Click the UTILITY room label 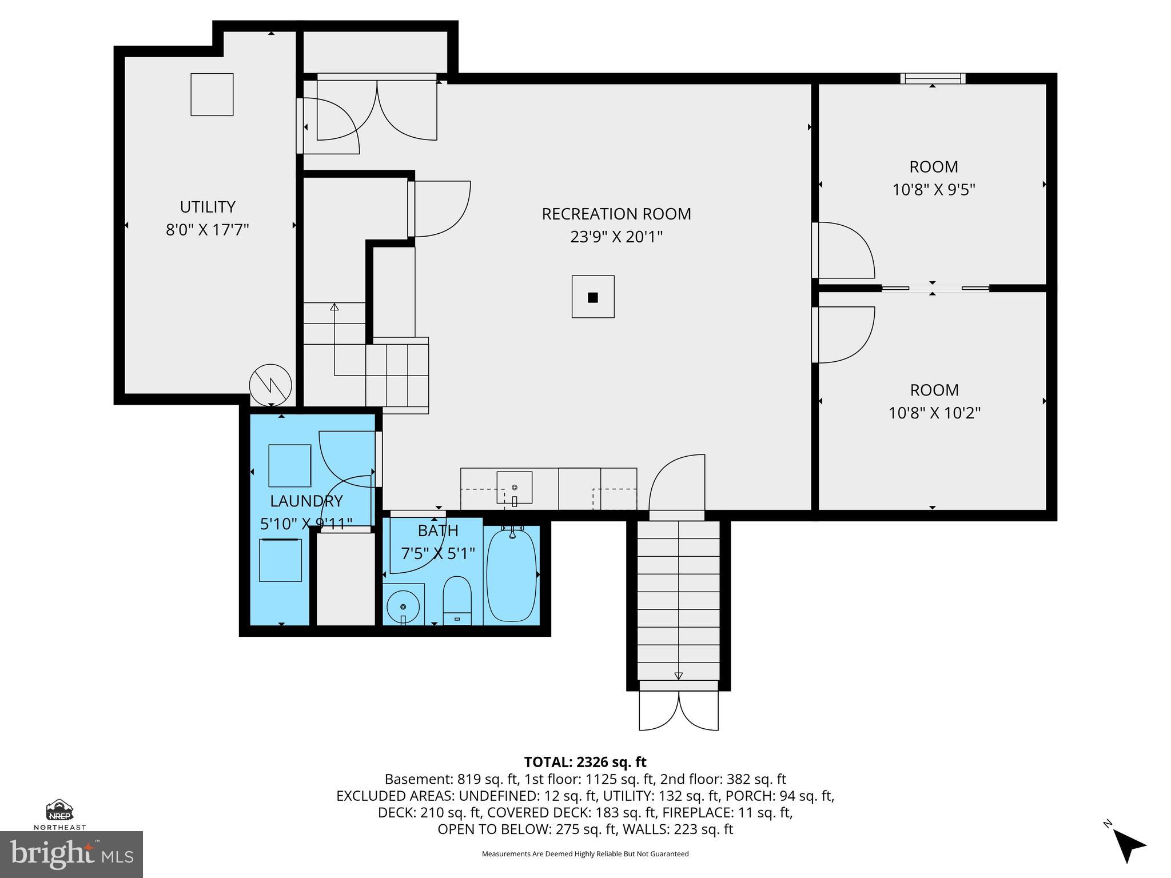(208, 206)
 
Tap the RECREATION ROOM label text (616, 214)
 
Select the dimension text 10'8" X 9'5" (933, 189)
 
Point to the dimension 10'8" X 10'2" (934, 413)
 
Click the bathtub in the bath (512, 575)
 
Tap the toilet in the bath (457, 600)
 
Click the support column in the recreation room (593, 297)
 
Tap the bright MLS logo (71, 854)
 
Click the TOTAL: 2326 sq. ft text (585, 762)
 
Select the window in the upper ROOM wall (933, 78)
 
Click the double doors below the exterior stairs (679, 710)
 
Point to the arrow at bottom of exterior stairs (679, 676)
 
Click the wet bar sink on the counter (514, 488)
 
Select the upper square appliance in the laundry (289, 465)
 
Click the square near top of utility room (212, 94)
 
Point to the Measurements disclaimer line (585, 854)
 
